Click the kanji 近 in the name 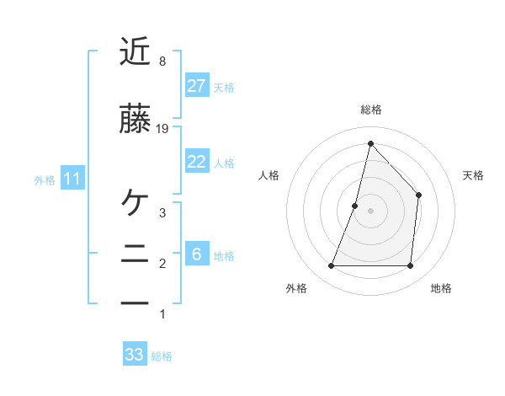point(136,52)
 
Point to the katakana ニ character point(136,254)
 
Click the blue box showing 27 point(196,86)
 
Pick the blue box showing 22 point(196,162)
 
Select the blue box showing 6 point(196,254)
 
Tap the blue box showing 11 point(73,179)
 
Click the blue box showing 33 point(135,355)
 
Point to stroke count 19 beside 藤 point(163,129)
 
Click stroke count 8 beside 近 point(162,62)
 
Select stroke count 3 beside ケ point(162,212)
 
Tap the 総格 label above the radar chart point(370,110)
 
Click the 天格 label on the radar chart point(474,175)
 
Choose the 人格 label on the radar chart point(268,175)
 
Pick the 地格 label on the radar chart point(441,288)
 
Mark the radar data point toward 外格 point(331,266)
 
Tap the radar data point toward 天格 point(418,195)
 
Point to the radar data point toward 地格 point(410,266)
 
